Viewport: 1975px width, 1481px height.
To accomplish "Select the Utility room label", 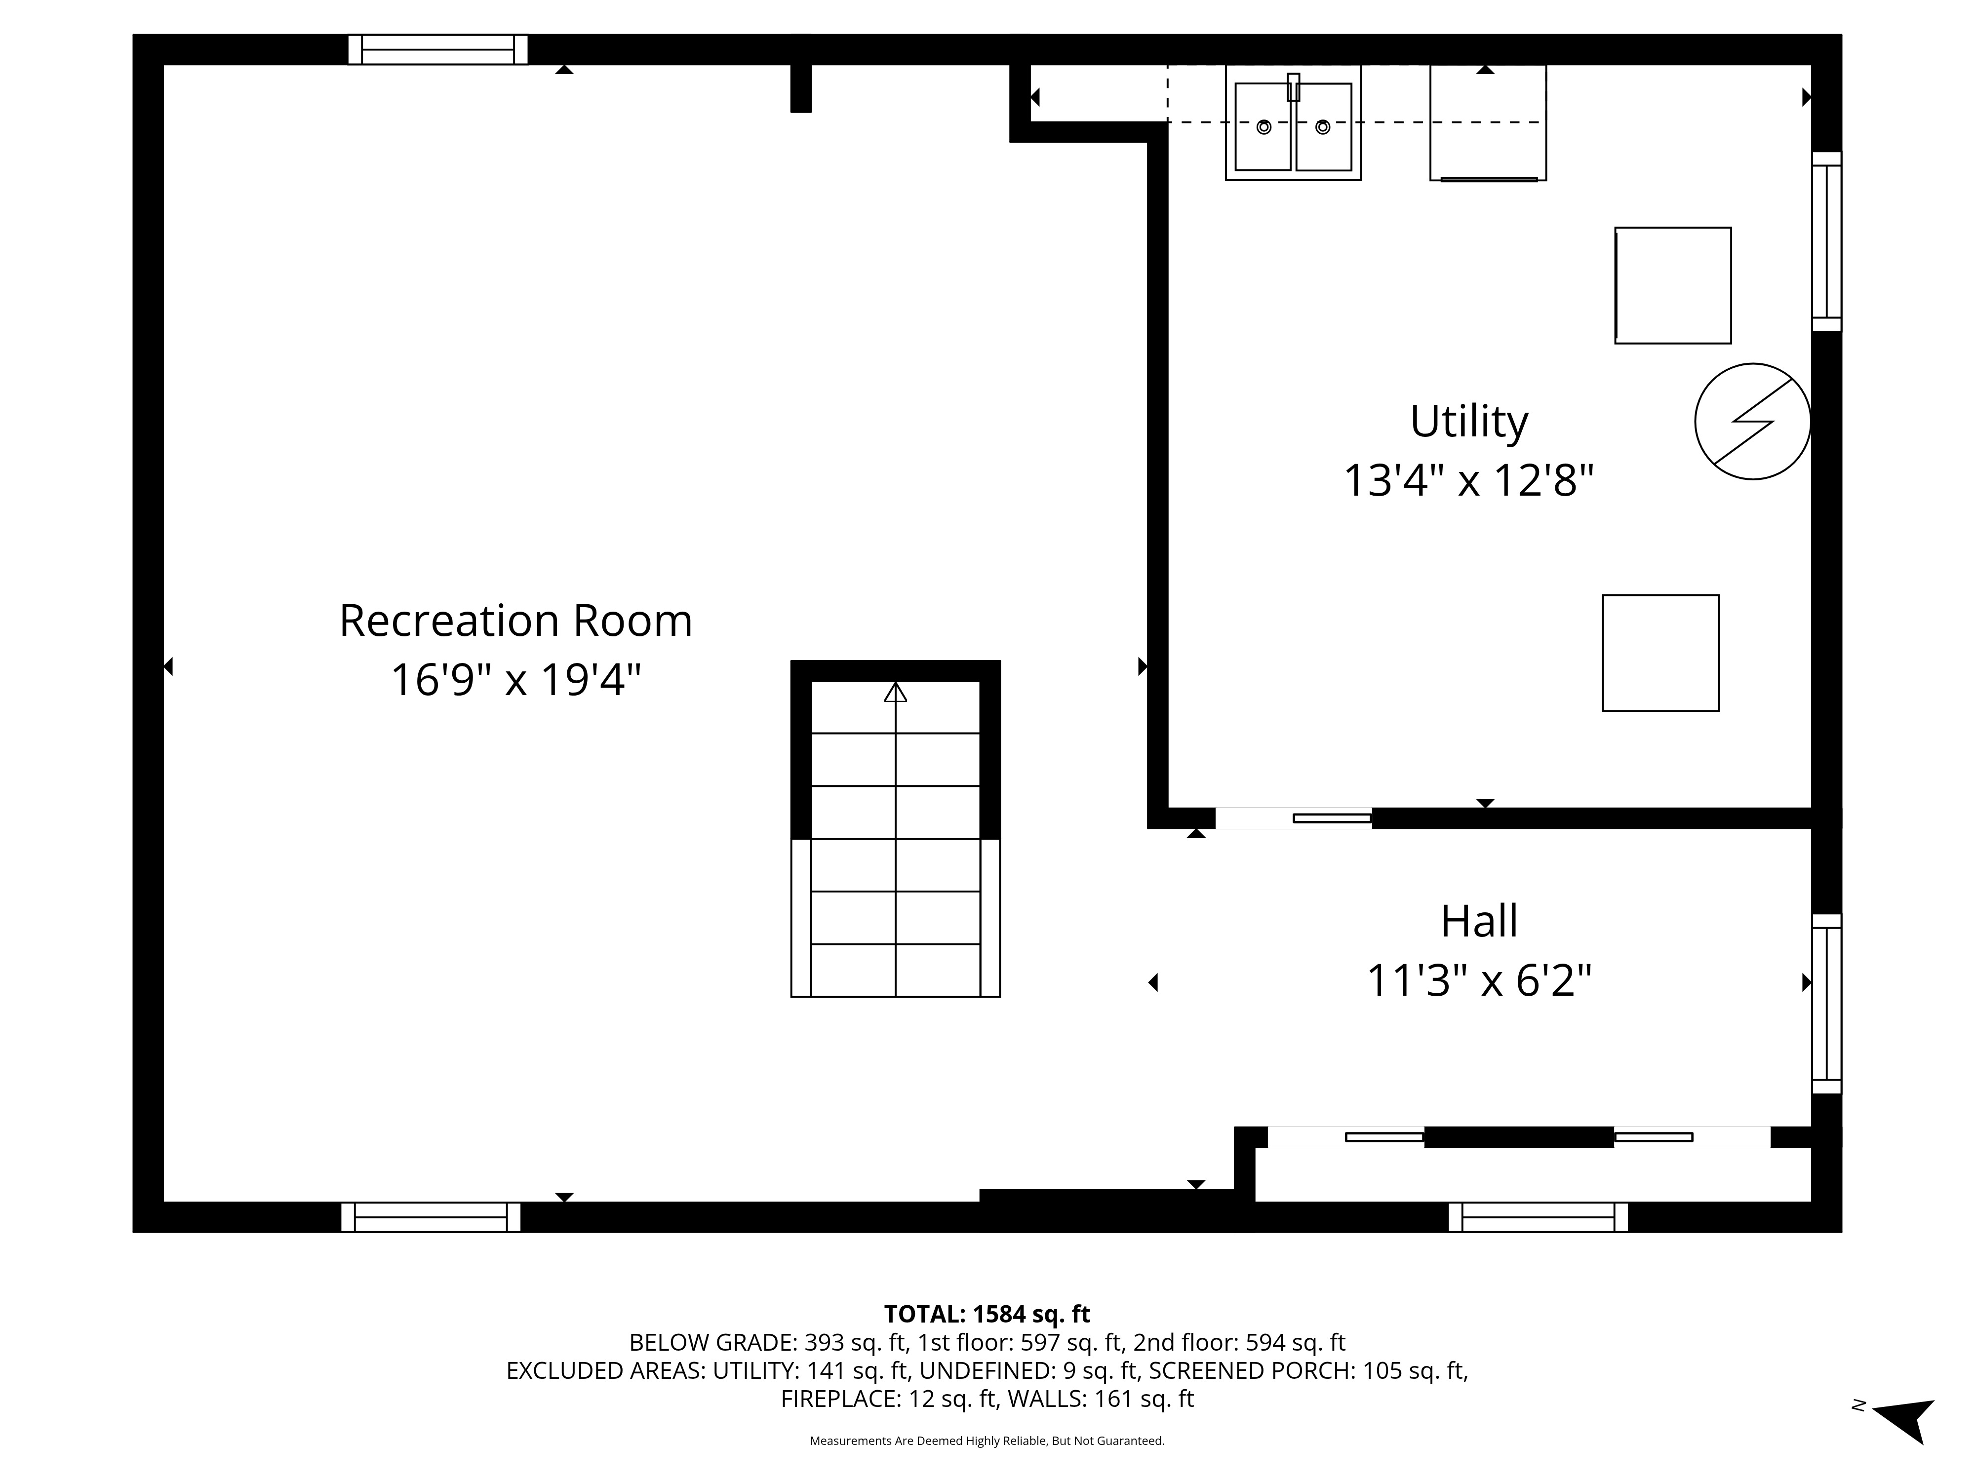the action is coord(1469,422).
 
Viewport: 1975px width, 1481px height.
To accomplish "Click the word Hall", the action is coord(1479,921).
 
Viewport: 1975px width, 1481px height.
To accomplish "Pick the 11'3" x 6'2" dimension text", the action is coord(1479,980).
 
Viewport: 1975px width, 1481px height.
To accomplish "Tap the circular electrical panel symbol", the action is coord(1753,422).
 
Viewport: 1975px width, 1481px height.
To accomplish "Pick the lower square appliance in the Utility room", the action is coord(1660,653).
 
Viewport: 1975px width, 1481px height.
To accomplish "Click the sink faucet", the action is coord(1293,86).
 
